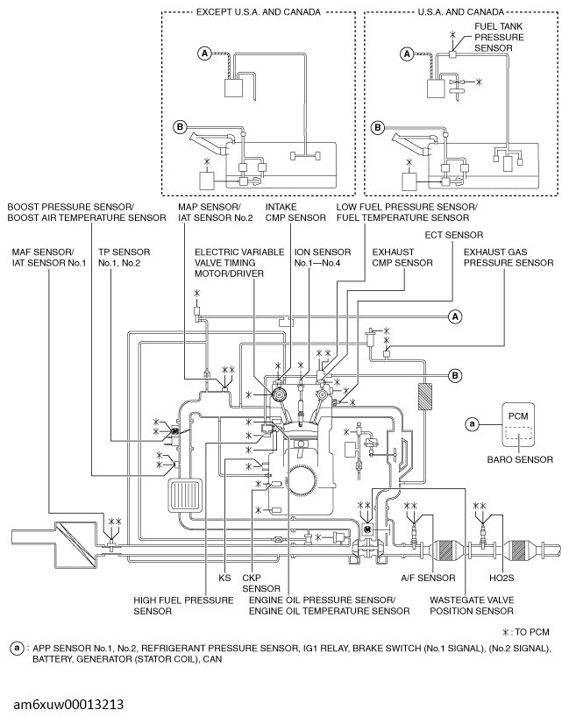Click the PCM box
(x=518, y=424)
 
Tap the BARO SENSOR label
(x=520, y=459)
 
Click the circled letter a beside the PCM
(x=472, y=424)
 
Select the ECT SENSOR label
(x=454, y=235)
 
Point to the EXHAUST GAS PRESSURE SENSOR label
(x=509, y=258)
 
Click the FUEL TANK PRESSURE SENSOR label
(x=499, y=37)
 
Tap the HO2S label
(x=501, y=578)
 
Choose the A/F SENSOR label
(x=428, y=578)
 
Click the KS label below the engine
(x=224, y=578)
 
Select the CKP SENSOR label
(x=261, y=583)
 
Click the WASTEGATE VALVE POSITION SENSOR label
(x=472, y=606)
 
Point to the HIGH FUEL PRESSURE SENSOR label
(x=183, y=606)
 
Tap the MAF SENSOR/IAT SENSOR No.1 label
(x=49, y=258)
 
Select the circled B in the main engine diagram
(x=455, y=375)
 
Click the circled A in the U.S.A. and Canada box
(x=407, y=54)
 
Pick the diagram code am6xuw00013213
(x=68, y=704)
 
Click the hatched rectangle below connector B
(x=424, y=396)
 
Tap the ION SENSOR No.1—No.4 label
(x=323, y=258)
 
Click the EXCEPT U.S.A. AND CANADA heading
(x=259, y=12)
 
